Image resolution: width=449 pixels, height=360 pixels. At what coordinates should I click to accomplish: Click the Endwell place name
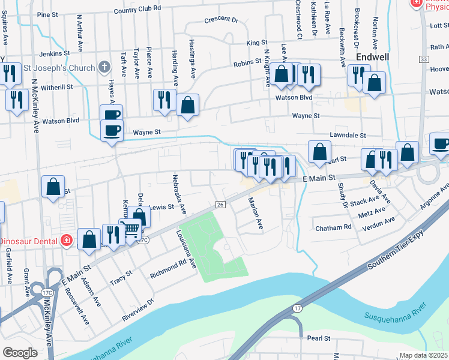(x=372, y=57)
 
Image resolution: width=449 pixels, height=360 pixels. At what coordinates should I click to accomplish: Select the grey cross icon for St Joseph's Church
(x=104, y=67)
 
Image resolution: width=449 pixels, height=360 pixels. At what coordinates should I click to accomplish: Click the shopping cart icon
(x=130, y=229)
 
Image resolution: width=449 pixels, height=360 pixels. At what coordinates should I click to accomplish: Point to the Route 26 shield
(x=220, y=205)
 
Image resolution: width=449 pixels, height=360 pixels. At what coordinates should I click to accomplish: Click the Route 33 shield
(x=424, y=59)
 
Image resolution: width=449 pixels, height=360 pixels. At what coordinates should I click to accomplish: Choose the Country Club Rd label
(x=137, y=10)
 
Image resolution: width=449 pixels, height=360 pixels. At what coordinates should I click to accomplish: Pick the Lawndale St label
(x=348, y=136)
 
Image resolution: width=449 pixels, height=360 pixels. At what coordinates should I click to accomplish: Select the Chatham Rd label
(x=334, y=228)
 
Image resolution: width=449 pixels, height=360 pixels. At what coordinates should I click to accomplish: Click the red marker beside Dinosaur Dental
(x=66, y=241)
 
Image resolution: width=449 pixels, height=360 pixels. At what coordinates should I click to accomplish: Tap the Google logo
(x=20, y=353)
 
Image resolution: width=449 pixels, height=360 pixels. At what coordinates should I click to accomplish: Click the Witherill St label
(x=57, y=87)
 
